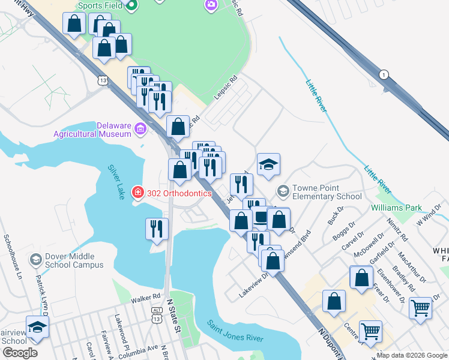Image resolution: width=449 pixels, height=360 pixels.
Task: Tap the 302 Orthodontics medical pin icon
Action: point(138,193)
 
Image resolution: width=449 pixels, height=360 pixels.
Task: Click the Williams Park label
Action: point(396,208)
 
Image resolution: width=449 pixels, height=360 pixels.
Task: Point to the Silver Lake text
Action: point(117,182)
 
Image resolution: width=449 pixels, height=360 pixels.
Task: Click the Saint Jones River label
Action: point(235,332)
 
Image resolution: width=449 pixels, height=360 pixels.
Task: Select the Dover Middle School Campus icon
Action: point(35,259)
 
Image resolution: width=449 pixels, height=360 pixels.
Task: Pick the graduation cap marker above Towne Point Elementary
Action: point(268,165)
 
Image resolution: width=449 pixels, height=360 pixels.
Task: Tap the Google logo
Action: point(19,353)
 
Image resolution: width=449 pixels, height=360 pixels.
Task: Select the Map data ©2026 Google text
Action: point(412,355)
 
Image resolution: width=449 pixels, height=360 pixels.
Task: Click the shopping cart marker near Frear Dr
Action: point(420,308)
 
